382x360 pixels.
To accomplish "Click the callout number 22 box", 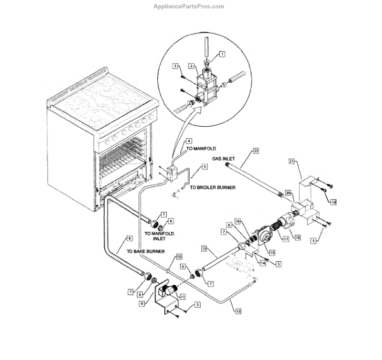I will point(256,150).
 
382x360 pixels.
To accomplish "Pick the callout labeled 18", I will point(297,236).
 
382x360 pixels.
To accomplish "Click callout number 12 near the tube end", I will point(238,312).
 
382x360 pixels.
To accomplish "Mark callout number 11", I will point(182,297).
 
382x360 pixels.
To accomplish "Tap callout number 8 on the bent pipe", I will point(130,238).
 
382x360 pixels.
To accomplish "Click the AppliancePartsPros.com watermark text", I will point(190,6).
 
